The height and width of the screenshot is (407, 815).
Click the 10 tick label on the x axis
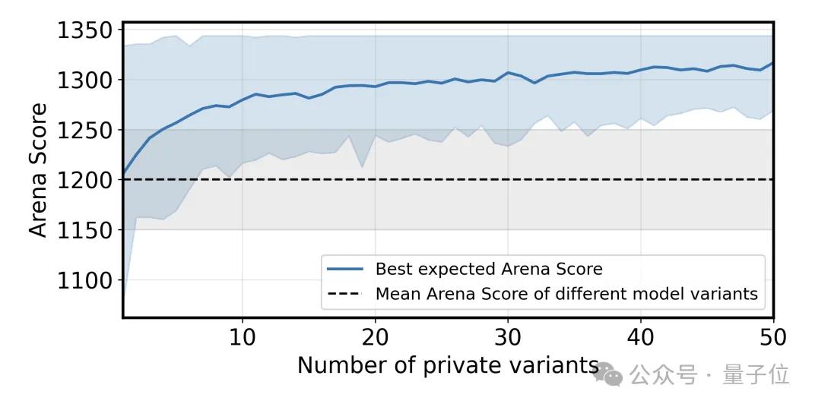(x=242, y=335)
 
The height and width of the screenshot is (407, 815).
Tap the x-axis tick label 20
(x=375, y=335)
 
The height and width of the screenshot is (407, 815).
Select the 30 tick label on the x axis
(x=507, y=335)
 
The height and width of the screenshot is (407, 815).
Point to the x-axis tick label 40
(x=640, y=335)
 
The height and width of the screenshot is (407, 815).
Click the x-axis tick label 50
(x=772, y=335)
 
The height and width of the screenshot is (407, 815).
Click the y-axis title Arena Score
(x=39, y=170)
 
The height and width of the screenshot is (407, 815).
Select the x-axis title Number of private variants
(x=447, y=365)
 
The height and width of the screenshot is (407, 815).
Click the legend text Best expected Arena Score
(x=488, y=269)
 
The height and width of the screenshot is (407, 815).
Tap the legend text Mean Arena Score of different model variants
(x=566, y=294)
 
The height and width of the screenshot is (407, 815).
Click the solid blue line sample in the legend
(x=347, y=269)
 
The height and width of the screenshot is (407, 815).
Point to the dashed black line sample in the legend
(x=347, y=294)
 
